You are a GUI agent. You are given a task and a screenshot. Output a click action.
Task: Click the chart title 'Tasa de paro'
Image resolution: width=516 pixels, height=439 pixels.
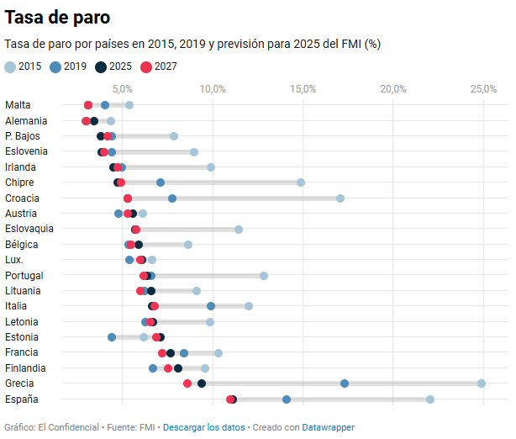57,17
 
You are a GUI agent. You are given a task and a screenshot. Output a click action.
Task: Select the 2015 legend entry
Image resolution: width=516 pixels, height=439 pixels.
23,66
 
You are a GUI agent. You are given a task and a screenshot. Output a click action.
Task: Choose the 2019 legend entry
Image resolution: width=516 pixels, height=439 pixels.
68,66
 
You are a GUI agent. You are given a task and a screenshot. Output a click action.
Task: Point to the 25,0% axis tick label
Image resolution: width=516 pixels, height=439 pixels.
483,88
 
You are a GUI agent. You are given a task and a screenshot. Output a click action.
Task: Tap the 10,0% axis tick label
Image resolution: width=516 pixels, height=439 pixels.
213,88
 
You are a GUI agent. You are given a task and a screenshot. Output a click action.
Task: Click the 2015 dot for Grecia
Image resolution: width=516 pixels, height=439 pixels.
482,383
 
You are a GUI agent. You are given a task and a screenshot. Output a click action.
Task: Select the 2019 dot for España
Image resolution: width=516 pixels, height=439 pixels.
287,399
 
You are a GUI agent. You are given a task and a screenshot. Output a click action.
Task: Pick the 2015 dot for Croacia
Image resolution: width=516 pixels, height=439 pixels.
340,198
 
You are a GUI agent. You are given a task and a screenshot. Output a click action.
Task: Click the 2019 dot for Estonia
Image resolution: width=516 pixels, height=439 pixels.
112,337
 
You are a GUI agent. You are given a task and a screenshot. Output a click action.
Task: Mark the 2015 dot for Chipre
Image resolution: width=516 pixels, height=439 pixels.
301,182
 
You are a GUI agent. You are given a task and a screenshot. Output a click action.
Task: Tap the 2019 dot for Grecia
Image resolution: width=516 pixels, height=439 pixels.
345,383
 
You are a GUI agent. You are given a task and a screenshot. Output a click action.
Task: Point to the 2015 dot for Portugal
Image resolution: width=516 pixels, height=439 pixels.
264,276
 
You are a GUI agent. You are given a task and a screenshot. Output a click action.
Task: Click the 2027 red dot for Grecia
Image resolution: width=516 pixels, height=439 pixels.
187,383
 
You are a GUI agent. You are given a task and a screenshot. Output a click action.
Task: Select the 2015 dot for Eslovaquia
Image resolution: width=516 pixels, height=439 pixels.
239,230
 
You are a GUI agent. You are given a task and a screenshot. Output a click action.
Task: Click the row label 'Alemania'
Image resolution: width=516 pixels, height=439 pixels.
26,120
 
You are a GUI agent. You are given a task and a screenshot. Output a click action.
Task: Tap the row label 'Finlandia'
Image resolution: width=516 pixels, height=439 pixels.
26,368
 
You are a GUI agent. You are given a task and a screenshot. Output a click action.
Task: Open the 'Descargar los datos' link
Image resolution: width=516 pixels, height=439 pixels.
203,427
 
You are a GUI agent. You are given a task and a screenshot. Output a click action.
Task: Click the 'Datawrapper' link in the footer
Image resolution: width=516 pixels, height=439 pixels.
328,427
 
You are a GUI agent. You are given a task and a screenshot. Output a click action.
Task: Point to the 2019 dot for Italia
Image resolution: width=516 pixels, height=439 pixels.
211,306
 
